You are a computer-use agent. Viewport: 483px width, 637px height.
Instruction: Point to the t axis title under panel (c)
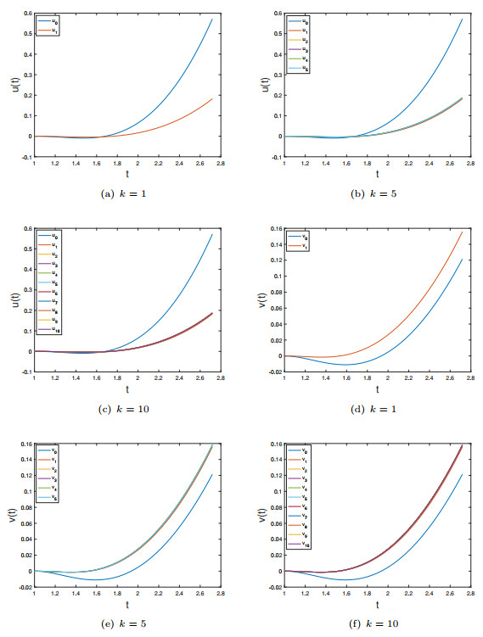coord(127,390)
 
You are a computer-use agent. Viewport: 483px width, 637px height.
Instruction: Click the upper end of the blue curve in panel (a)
coord(212,19)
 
